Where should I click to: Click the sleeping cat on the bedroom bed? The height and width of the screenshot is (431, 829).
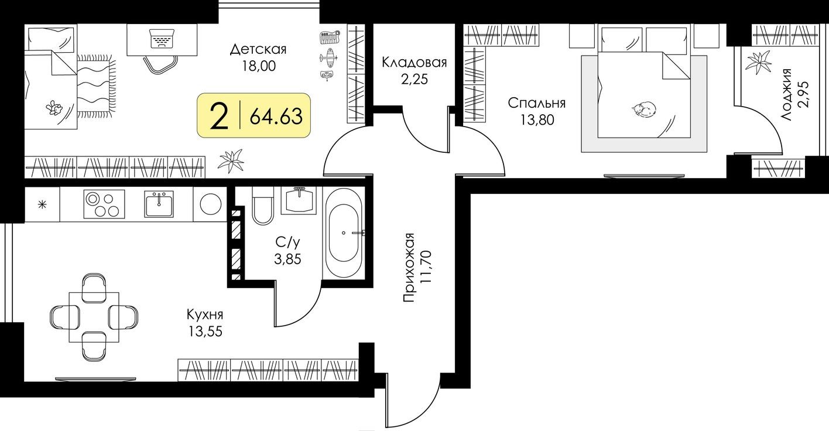coord(644,109)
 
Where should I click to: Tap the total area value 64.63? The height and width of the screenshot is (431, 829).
coord(276,117)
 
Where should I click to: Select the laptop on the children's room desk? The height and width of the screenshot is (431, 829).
coord(163,38)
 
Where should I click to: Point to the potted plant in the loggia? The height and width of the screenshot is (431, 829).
coord(759,62)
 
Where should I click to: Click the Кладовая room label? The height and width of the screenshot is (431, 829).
coord(414,63)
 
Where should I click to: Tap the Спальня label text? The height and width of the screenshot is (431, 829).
coord(536,104)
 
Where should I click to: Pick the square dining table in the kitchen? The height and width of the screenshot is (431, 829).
coord(94,317)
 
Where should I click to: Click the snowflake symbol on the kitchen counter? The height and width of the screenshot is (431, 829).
coord(42,204)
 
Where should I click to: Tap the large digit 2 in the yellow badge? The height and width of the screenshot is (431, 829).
coord(219,116)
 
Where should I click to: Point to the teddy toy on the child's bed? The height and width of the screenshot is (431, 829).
coord(54,108)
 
